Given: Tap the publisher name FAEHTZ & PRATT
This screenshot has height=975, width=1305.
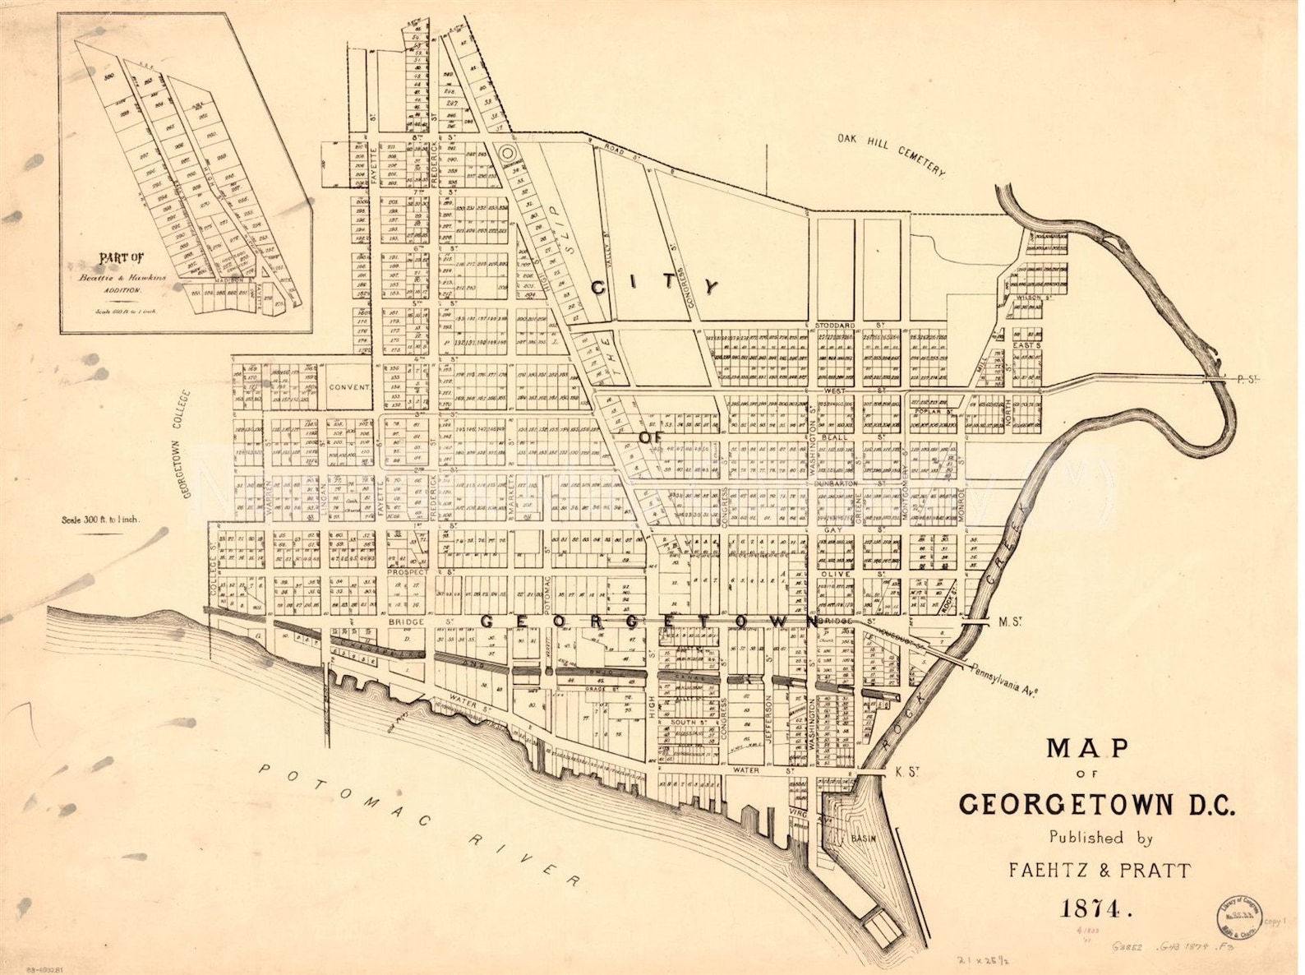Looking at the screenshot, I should pyautogui.click(x=1099, y=871).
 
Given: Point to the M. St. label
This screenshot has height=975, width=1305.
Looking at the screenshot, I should pyautogui.click(x=1008, y=622).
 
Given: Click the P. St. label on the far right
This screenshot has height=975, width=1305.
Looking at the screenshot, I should pyautogui.click(x=1247, y=379).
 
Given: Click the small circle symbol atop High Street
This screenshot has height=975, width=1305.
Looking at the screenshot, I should pyautogui.click(x=507, y=152).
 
